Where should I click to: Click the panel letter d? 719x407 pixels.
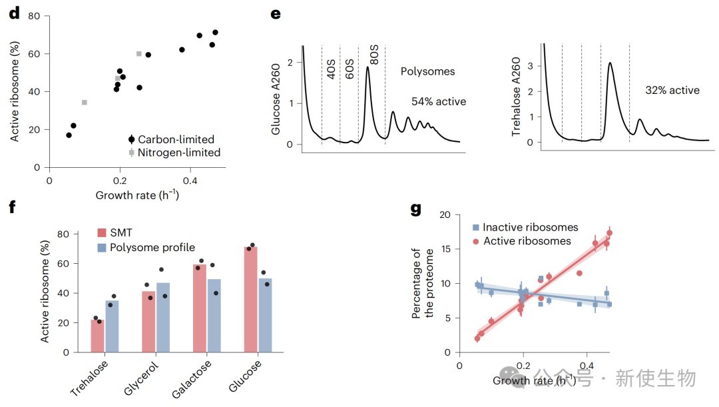pos(15,13)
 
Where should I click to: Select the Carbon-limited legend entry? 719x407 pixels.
pos(172,139)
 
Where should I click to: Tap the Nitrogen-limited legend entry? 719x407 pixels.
pos(174,153)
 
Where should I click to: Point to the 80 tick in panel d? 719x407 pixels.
pos(34,16)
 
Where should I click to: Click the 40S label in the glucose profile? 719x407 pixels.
pos(331,69)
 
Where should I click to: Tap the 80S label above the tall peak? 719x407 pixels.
pos(374,55)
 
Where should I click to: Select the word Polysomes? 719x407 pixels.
pos(428,71)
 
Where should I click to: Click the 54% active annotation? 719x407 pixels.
pos(439,101)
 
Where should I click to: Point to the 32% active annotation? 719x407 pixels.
pos(672,90)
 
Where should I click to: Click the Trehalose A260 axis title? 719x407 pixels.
pos(517,97)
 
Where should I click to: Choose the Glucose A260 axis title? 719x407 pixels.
pos(276,99)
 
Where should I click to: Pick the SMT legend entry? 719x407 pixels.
pos(115,232)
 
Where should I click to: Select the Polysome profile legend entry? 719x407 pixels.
pos(146,247)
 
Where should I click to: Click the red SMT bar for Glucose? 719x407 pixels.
pos(251,300)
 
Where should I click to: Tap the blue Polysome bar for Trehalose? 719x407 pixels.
pos(112,326)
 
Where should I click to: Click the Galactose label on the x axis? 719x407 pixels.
pos(192,378)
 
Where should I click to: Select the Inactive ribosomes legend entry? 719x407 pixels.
pos(525,227)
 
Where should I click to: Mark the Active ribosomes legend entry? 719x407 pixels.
pos(522,241)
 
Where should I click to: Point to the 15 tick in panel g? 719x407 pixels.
pos(445,249)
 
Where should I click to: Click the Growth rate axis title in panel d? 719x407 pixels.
pos(137,195)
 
